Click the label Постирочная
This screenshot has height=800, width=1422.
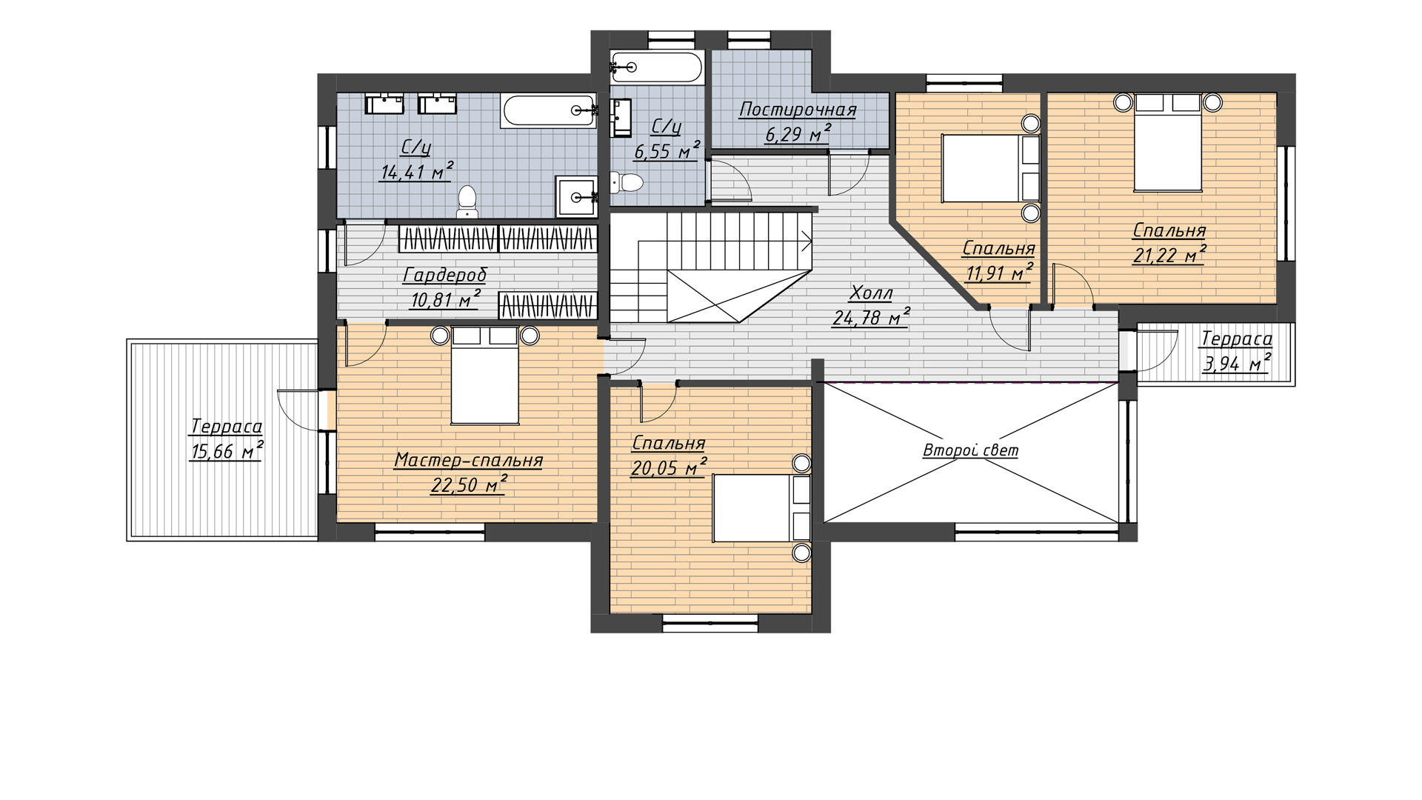798,110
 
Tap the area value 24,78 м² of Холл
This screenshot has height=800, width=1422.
871,317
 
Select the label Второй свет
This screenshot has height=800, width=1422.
970,450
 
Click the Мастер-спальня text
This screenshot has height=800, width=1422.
468,461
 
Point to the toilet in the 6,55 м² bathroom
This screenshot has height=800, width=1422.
625,182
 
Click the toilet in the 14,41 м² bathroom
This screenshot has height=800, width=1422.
467,202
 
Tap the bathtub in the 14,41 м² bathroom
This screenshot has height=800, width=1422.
549,111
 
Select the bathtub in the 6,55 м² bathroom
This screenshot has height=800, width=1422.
656,67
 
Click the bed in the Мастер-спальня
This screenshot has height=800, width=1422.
485,376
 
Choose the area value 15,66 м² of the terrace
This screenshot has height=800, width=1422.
227,450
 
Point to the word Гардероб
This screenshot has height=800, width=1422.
445,276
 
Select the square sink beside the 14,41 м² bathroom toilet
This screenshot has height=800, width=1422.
576,196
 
